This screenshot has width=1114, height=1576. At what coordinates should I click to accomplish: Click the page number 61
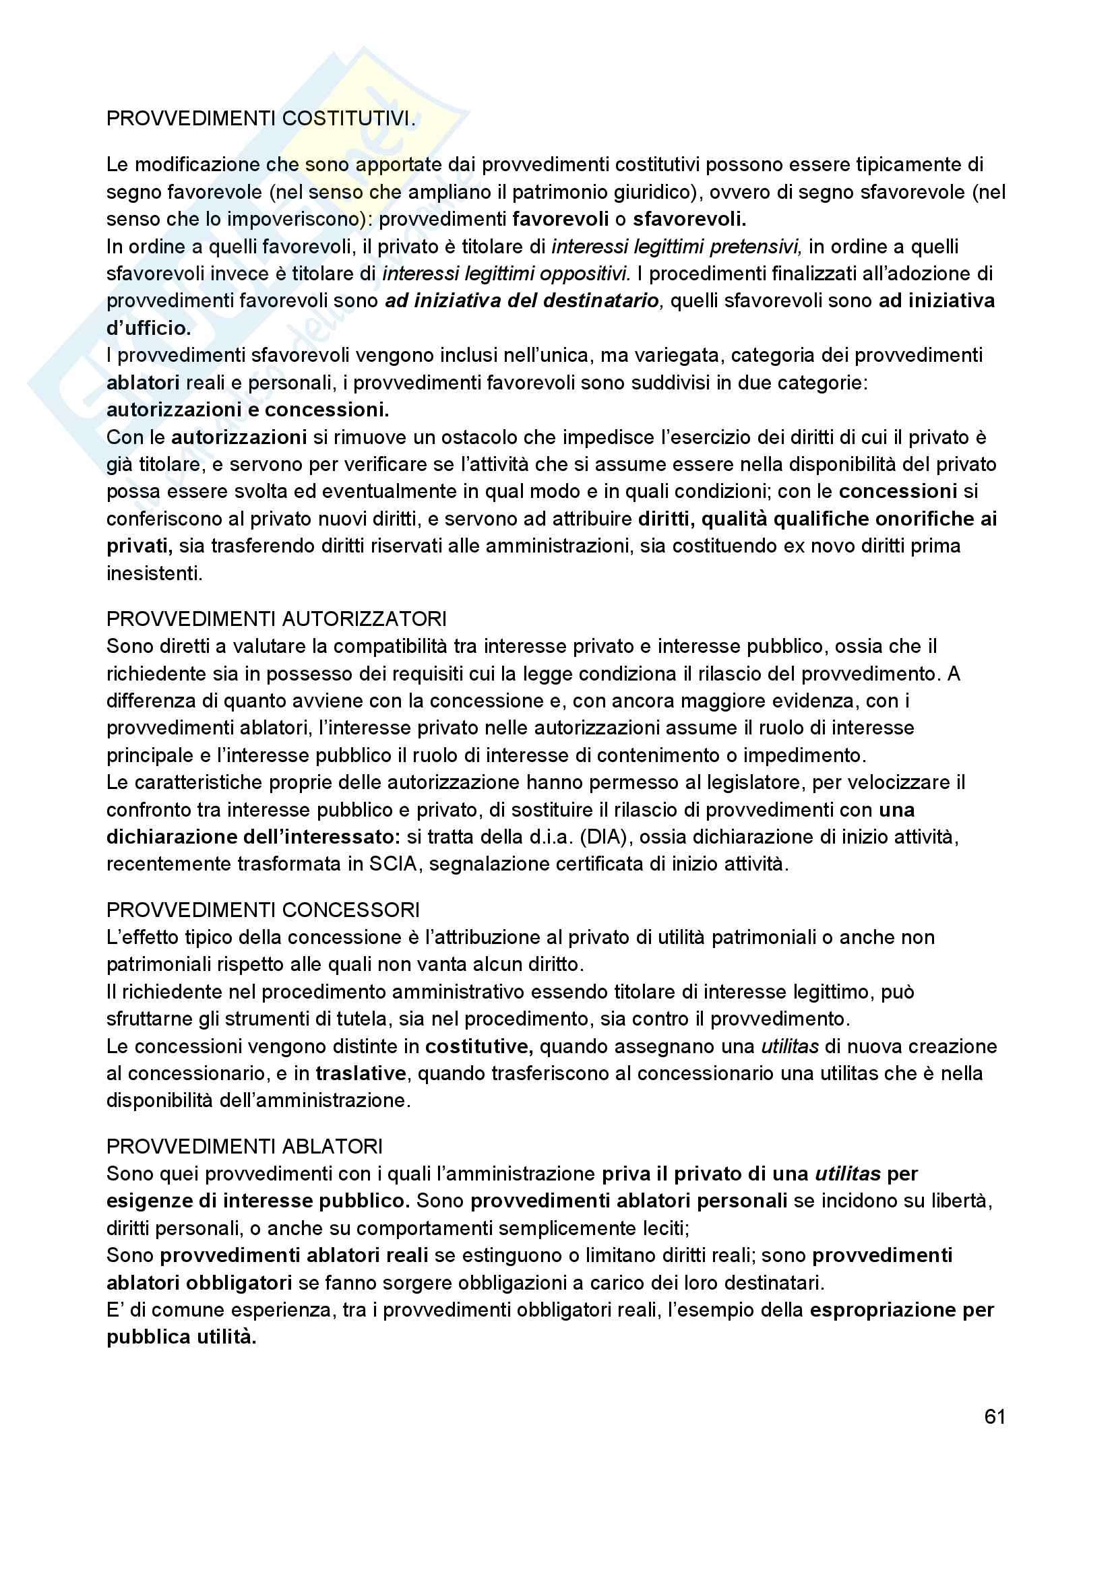click(994, 1416)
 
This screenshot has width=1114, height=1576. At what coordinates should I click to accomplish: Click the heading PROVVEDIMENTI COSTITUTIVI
click(261, 119)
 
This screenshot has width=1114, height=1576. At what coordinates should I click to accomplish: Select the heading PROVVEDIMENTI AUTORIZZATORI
click(276, 619)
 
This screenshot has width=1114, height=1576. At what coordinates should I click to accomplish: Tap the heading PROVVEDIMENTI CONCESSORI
click(263, 910)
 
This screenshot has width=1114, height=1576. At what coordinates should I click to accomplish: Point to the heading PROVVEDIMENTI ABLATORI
click(245, 1145)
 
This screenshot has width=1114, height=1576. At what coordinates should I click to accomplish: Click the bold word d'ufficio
click(148, 328)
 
